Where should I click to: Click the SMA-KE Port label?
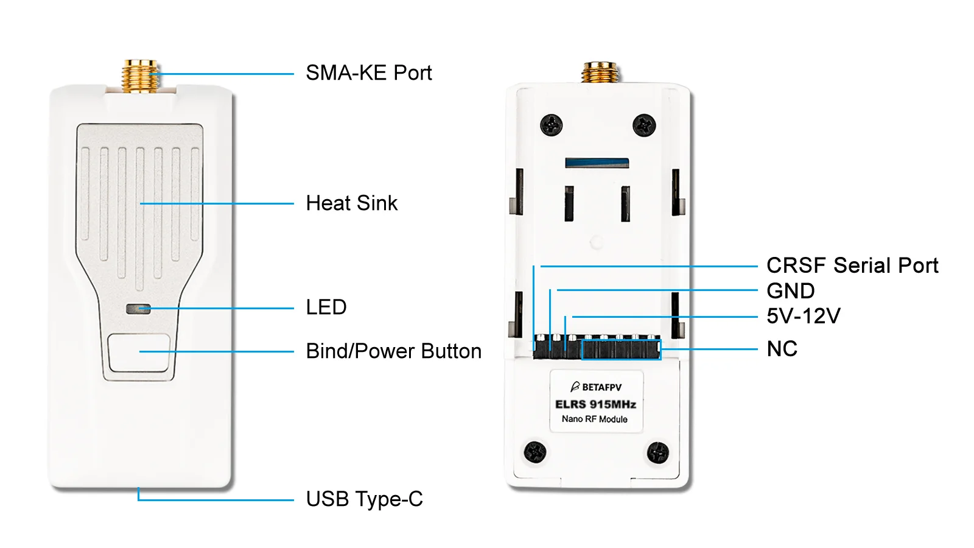(369, 72)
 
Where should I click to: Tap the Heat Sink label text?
(351, 203)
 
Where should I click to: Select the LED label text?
(326, 307)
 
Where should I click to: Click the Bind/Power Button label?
(393, 351)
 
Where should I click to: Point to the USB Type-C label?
(365, 499)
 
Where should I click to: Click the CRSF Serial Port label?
(852, 265)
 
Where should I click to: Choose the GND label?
(791, 291)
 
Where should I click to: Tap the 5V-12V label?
(803, 316)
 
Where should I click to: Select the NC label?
(782, 349)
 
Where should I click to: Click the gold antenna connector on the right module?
(600, 72)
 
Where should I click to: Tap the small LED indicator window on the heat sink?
(138, 309)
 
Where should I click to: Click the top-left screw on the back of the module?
(551, 125)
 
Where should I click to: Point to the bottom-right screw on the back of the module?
(657, 453)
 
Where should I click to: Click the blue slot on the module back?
(597, 163)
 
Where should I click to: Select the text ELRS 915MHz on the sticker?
(595, 404)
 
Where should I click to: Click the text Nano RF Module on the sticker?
(594, 420)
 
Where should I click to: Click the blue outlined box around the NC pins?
(622, 350)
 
